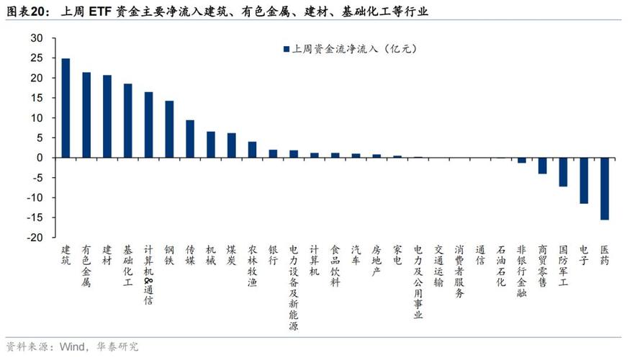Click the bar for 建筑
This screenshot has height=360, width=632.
click(66, 108)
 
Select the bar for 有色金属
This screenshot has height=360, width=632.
click(86, 115)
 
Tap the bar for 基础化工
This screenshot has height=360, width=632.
click(127, 121)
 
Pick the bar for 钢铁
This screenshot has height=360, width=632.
click(169, 129)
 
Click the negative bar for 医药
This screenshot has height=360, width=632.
click(605, 189)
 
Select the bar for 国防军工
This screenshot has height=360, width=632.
click(563, 172)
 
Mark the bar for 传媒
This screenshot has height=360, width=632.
click(190, 139)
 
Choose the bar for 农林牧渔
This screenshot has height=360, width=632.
click(252, 150)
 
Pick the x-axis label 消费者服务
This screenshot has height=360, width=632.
click(459, 270)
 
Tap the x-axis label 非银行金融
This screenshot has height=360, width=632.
click(521, 270)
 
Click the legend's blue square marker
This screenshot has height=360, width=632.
click(286, 50)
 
